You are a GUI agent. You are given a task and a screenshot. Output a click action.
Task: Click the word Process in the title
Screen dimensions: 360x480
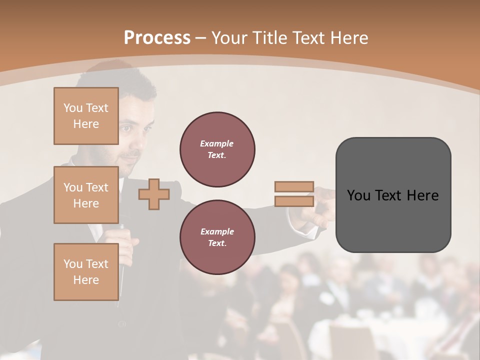157,38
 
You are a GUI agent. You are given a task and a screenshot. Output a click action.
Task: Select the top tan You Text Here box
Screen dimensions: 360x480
86,116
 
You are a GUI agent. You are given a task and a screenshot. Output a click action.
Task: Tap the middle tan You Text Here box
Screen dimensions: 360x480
86,195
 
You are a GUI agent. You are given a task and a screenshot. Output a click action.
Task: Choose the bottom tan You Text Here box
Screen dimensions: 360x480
86,271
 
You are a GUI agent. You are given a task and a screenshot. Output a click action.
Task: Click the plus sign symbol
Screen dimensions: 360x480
153,194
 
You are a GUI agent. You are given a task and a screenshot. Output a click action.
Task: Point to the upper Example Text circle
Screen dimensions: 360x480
217,149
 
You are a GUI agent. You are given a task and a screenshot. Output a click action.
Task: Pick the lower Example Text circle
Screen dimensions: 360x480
217,237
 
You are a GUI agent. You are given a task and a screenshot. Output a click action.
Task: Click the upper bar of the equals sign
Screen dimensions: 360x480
294,186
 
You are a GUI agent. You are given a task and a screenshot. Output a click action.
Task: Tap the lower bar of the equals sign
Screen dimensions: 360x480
294,201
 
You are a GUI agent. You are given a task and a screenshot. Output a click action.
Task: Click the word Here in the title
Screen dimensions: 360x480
348,38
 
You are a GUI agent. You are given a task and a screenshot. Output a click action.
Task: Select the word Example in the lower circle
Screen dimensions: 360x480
217,231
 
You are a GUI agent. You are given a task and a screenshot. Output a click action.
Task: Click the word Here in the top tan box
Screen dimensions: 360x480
86,124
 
